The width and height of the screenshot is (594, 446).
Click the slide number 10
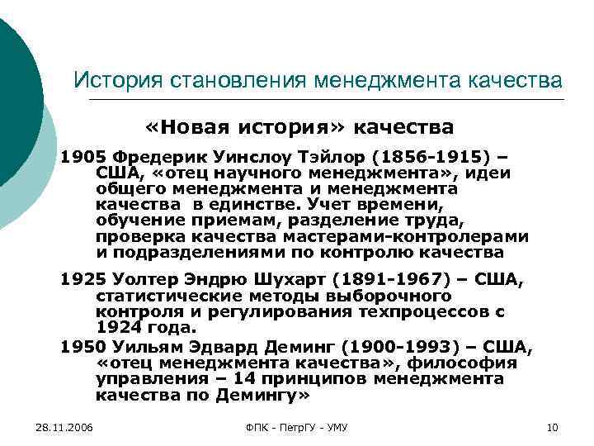(x=553, y=426)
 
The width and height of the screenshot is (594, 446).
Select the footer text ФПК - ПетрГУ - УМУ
(x=297, y=426)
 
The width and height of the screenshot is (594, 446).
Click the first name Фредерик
(x=152, y=157)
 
